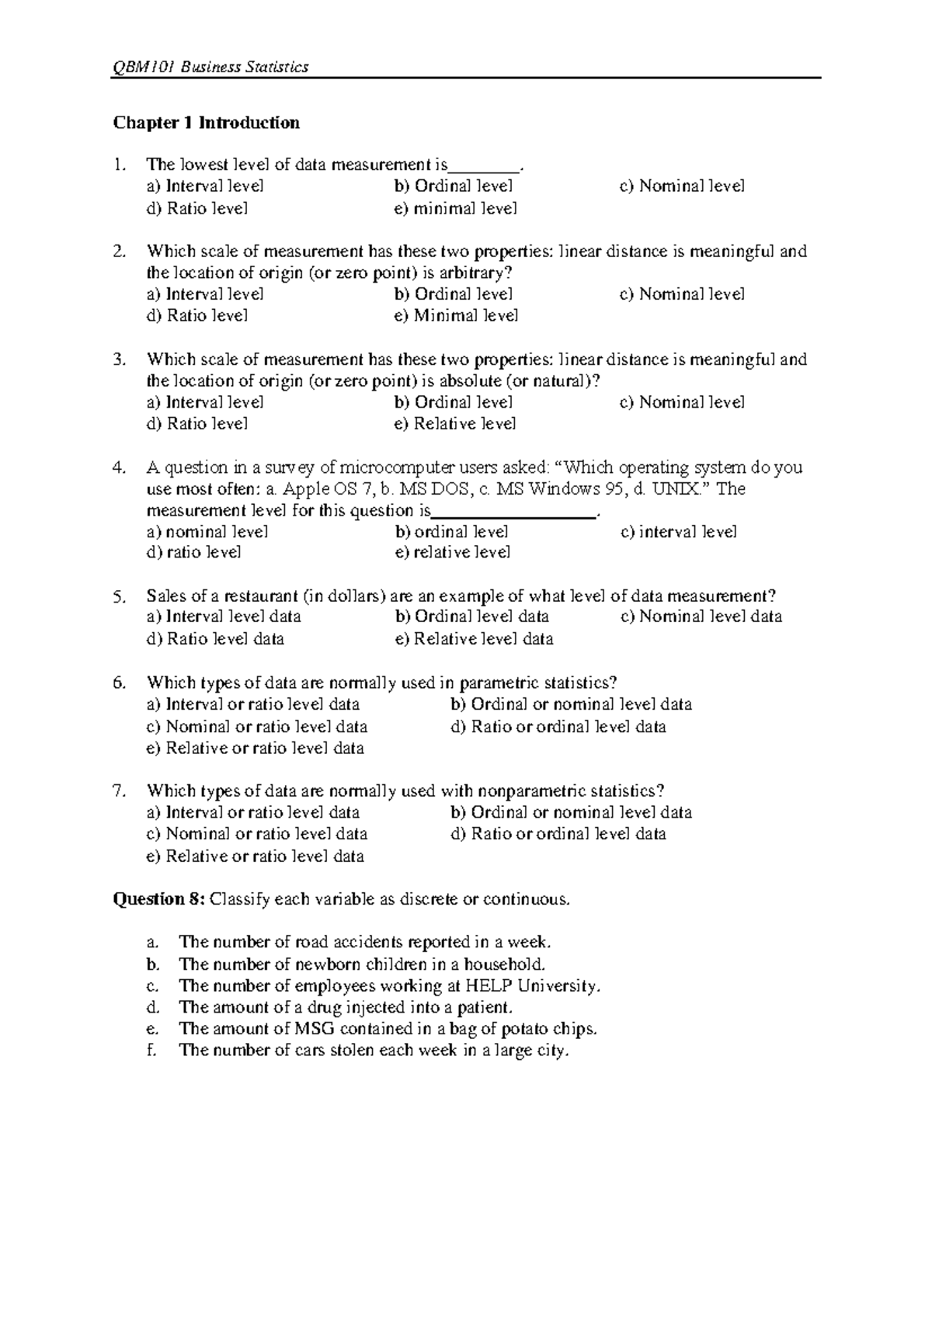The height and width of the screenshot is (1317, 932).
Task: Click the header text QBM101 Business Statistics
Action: pos(211,67)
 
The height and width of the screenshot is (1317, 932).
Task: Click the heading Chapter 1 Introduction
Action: pos(206,123)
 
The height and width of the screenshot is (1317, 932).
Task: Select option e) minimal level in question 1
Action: pos(455,208)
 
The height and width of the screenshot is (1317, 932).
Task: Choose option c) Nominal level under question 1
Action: pos(682,186)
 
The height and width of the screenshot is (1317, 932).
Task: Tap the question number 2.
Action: pos(118,252)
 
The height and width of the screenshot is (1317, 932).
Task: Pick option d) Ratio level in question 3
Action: pos(197,424)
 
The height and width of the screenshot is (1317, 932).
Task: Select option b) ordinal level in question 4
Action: pos(451,532)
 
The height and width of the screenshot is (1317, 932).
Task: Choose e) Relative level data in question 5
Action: pos(474,639)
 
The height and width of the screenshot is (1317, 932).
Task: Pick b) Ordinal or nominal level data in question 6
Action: pos(571,705)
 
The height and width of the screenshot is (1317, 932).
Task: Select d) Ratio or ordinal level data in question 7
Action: pos(558,835)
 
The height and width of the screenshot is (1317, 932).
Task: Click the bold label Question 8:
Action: pos(159,899)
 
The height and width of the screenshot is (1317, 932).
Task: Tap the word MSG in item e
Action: pos(313,1029)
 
